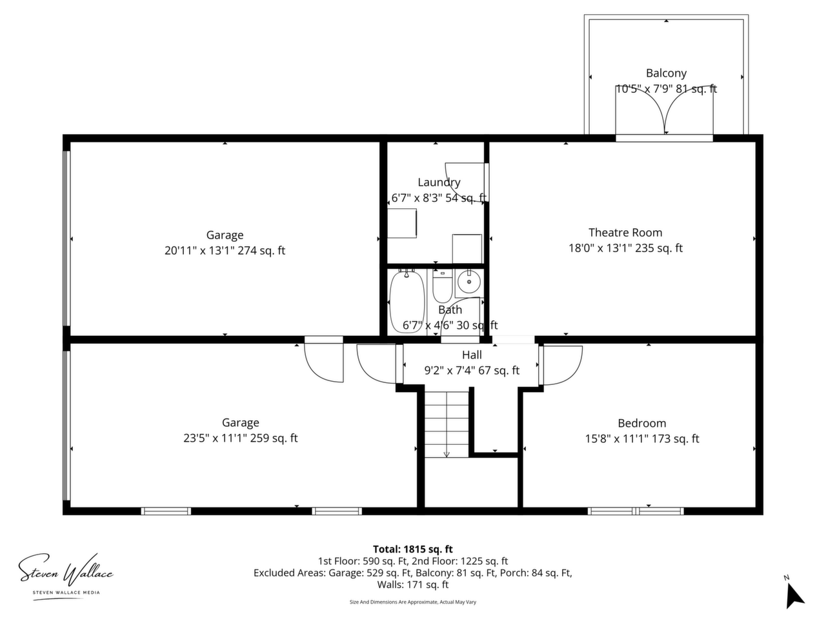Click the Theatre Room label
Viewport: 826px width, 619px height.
coord(625,233)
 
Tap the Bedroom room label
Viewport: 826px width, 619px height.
coord(641,423)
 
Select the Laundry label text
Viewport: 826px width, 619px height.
coord(439,182)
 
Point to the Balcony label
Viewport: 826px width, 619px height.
coord(666,73)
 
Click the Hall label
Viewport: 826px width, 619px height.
coord(472,355)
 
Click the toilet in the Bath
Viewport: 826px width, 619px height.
coord(443,286)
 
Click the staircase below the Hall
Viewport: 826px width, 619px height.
coord(447,424)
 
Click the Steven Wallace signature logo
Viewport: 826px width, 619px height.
coord(66,574)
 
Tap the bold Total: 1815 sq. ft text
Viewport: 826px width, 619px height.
coord(413,549)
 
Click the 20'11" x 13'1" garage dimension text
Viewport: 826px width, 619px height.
coord(225,251)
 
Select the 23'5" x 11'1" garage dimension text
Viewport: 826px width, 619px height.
coord(241,438)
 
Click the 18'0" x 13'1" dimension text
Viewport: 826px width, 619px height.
coord(625,248)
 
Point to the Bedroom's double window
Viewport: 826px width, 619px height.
coord(636,511)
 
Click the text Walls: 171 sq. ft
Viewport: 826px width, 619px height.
coord(413,584)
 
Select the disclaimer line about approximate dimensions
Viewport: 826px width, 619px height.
coord(413,602)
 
